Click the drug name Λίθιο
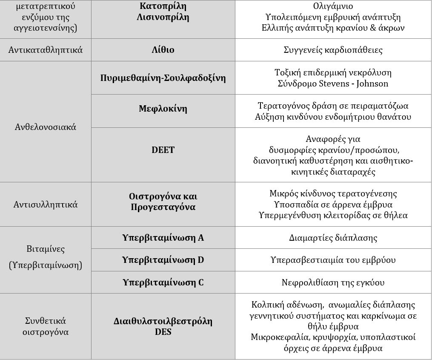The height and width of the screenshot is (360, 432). (x=163, y=50)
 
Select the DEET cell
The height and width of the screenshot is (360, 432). (x=163, y=150)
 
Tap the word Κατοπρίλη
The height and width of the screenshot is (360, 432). (x=163, y=7)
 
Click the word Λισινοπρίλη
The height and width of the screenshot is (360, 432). (x=163, y=17)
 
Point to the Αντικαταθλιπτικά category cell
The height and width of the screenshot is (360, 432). (x=46, y=50)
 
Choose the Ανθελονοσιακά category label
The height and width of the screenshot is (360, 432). (x=46, y=127)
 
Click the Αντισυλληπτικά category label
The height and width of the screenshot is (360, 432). (x=46, y=204)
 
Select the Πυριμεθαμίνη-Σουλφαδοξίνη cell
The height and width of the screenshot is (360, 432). (x=163, y=78)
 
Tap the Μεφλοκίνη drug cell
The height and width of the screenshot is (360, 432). (x=163, y=109)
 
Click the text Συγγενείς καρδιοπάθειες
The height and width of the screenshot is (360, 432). (x=333, y=50)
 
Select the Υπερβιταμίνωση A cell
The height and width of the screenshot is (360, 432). (x=163, y=238)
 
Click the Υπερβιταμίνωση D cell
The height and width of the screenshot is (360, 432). (x=163, y=260)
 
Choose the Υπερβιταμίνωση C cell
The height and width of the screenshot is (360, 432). (x=163, y=282)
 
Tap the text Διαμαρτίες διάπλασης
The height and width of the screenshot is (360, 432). (x=333, y=238)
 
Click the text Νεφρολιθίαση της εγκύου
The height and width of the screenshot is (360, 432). (x=333, y=282)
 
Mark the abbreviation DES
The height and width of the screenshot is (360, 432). (x=163, y=331)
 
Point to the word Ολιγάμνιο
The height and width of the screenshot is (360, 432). (x=333, y=7)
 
